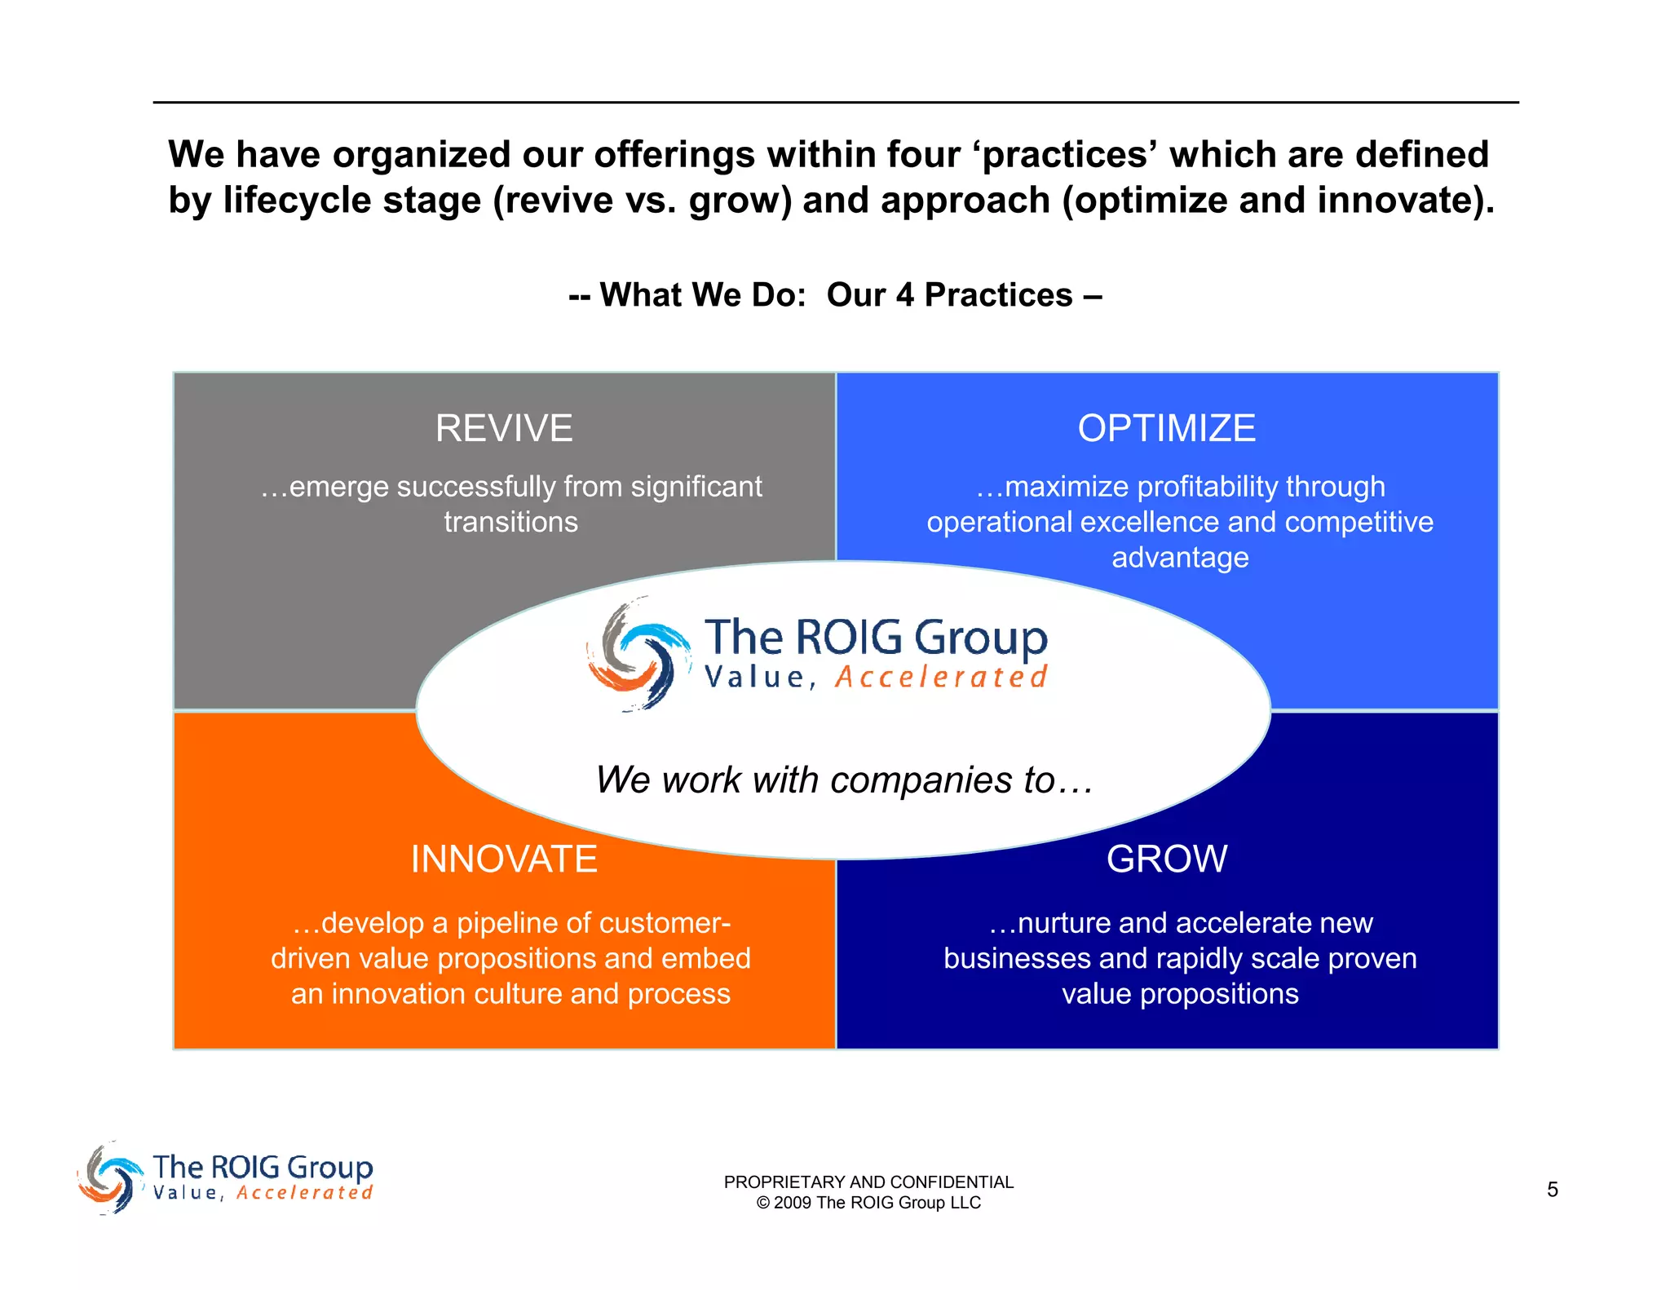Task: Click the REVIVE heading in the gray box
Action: click(504, 428)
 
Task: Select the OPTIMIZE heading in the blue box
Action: click(1166, 428)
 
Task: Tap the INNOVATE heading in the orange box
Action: click(504, 859)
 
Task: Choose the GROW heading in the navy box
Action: click(1166, 859)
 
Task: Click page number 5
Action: click(1552, 1190)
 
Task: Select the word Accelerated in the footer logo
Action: click(305, 1193)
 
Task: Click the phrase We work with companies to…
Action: click(844, 780)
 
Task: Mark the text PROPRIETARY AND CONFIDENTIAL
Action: click(868, 1182)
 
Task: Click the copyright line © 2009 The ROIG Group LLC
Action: click(868, 1203)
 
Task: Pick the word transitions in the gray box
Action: click(510, 522)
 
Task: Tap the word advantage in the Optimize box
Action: click(1180, 558)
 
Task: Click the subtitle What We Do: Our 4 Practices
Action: click(835, 295)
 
